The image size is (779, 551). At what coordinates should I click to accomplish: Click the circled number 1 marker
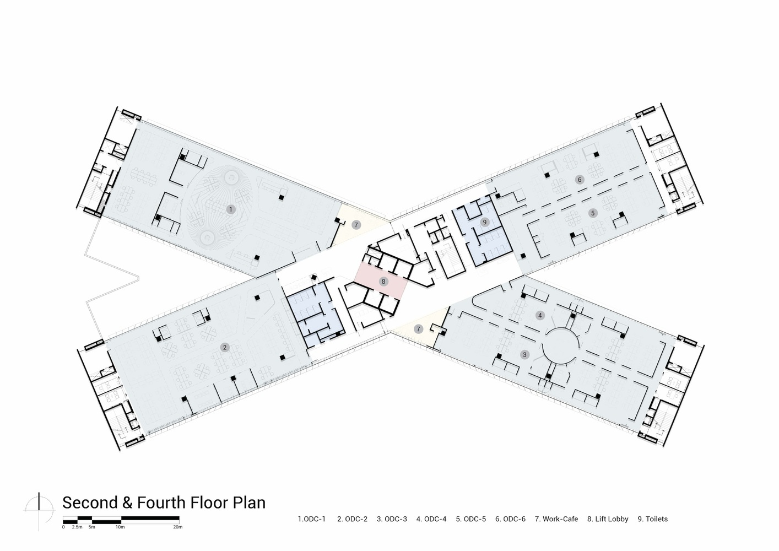pos(230,209)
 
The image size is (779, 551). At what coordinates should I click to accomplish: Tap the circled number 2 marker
pos(225,347)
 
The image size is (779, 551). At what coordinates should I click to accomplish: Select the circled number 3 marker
pos(525,355)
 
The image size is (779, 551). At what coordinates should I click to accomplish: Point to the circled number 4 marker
pos(540,316)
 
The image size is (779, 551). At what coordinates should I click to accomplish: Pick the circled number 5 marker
pos(593,213)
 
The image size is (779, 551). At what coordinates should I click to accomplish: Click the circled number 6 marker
pos(580,180)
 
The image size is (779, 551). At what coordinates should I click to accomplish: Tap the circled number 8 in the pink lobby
pos(383,282)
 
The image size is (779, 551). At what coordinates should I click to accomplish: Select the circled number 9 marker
pos(484,222)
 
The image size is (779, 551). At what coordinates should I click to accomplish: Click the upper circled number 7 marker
pos(356,225)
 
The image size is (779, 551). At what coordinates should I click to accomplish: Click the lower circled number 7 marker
pos(418,329)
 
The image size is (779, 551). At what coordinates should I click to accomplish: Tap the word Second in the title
pos(90,503)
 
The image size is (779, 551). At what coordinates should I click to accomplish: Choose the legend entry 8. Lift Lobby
pos(608,519)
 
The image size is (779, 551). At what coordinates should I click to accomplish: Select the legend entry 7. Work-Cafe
pos(556,519)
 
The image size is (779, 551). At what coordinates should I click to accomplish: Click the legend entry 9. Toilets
pos(653,519)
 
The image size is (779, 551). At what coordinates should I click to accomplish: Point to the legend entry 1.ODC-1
pos(312,519)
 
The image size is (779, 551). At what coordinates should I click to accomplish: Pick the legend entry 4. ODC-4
pos(431,519)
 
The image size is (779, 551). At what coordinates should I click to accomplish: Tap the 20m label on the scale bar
pos(178,527)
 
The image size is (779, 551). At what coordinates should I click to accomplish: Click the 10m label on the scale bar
pos(120,527)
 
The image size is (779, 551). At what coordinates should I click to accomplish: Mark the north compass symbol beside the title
pos(39,510)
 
